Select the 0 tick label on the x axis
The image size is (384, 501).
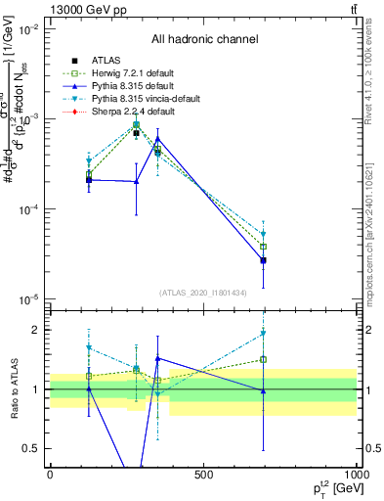pyautogui.click(x=50, y=476)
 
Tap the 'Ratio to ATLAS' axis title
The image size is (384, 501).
pyautogui.click(x=13, y=389)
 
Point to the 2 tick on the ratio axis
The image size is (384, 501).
pyautogui.click(x=37, y=330)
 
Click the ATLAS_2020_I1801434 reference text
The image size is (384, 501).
pyautogui.click(x=203, y=292)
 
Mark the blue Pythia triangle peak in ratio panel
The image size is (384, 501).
pyautogui.click(x=157, y=359)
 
